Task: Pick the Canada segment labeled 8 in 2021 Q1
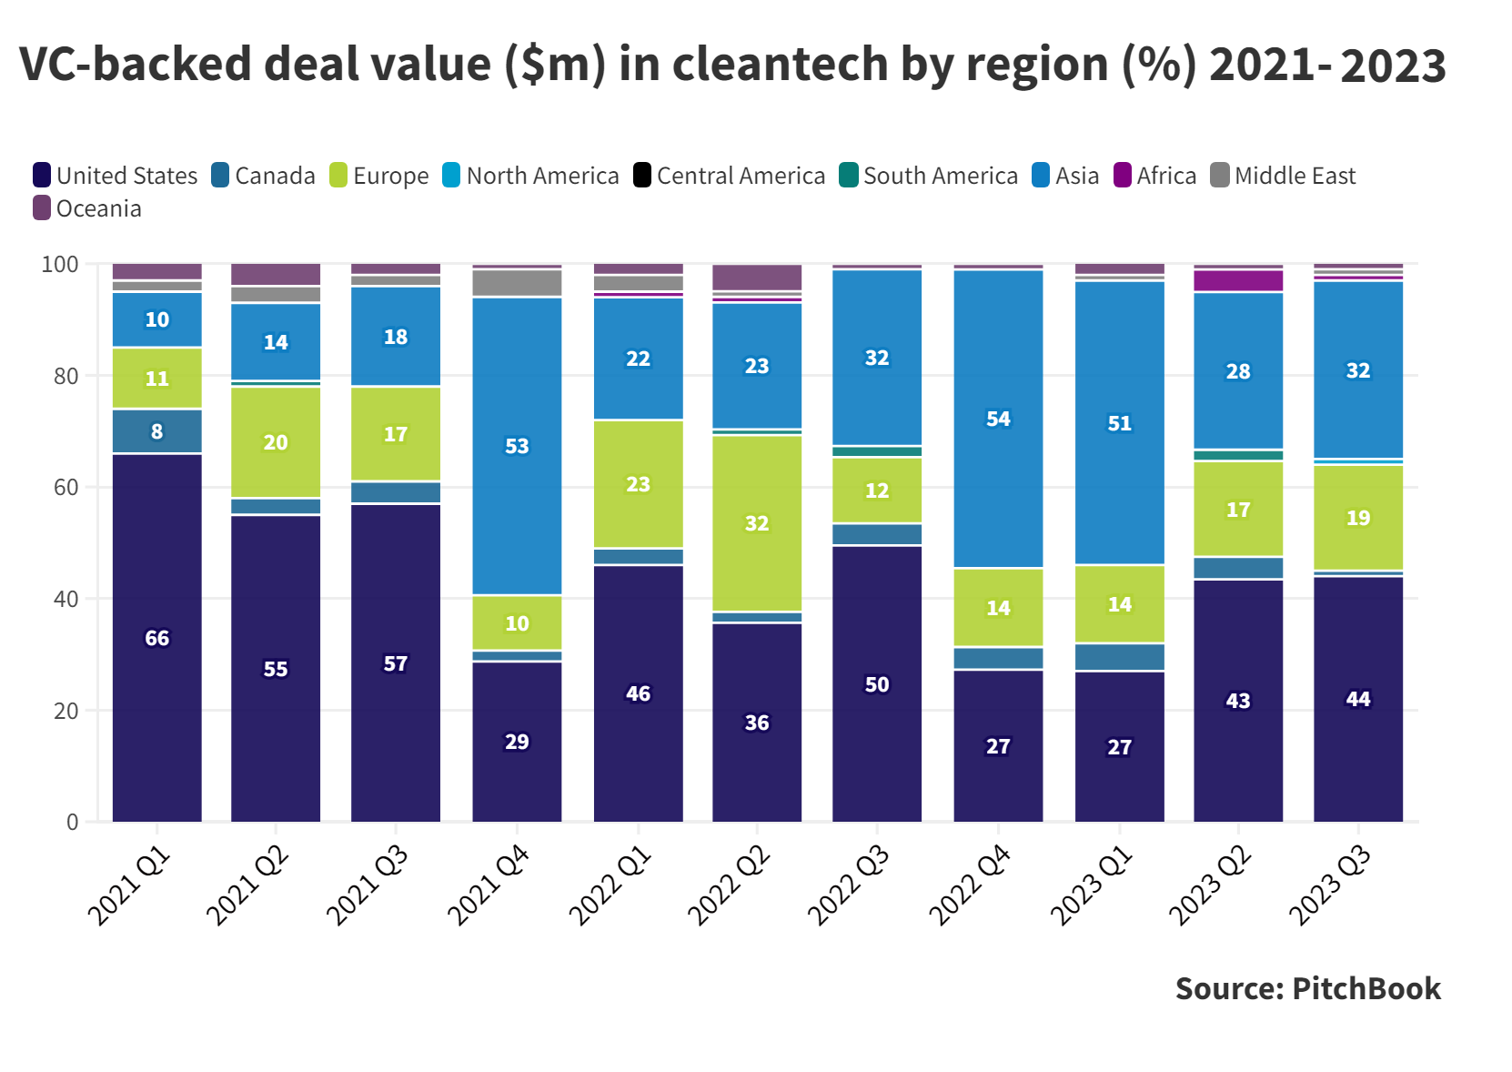(156, 431)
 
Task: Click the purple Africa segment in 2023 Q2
(1237, 280)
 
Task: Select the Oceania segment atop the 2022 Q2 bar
(757, 278)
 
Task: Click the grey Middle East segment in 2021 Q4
(517, 283)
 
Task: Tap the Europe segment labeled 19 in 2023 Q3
(1357, 517)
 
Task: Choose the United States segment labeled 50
(877, 684)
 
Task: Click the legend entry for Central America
(730, 176)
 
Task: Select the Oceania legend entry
(88, 208)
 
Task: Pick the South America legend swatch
(848, 175)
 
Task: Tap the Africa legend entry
(1155, 176)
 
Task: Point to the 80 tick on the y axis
(66, 376)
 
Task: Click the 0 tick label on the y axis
(73, 822)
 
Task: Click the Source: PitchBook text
(1307, 988)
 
